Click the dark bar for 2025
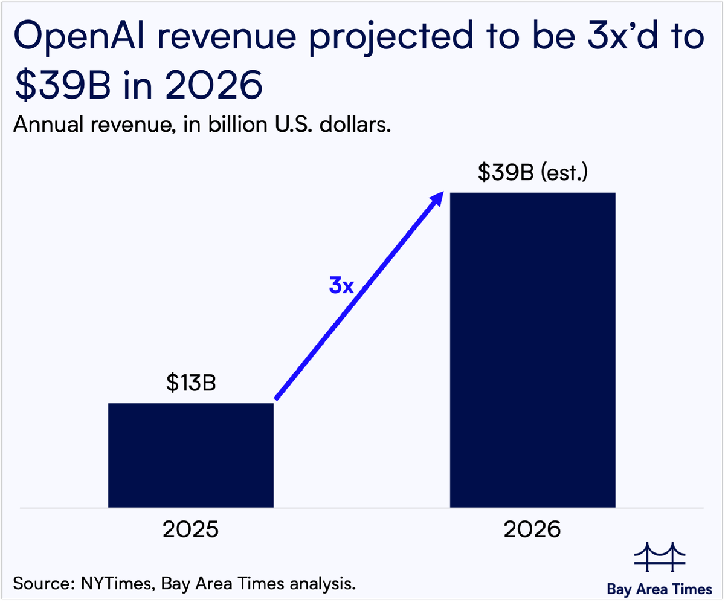tap(191, 455)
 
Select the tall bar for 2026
tap(532, 349)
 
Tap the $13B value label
tap(191, 384)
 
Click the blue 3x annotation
tap(341, 286)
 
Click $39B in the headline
tap(61, 86)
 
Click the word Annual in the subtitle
tap(48, 126)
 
